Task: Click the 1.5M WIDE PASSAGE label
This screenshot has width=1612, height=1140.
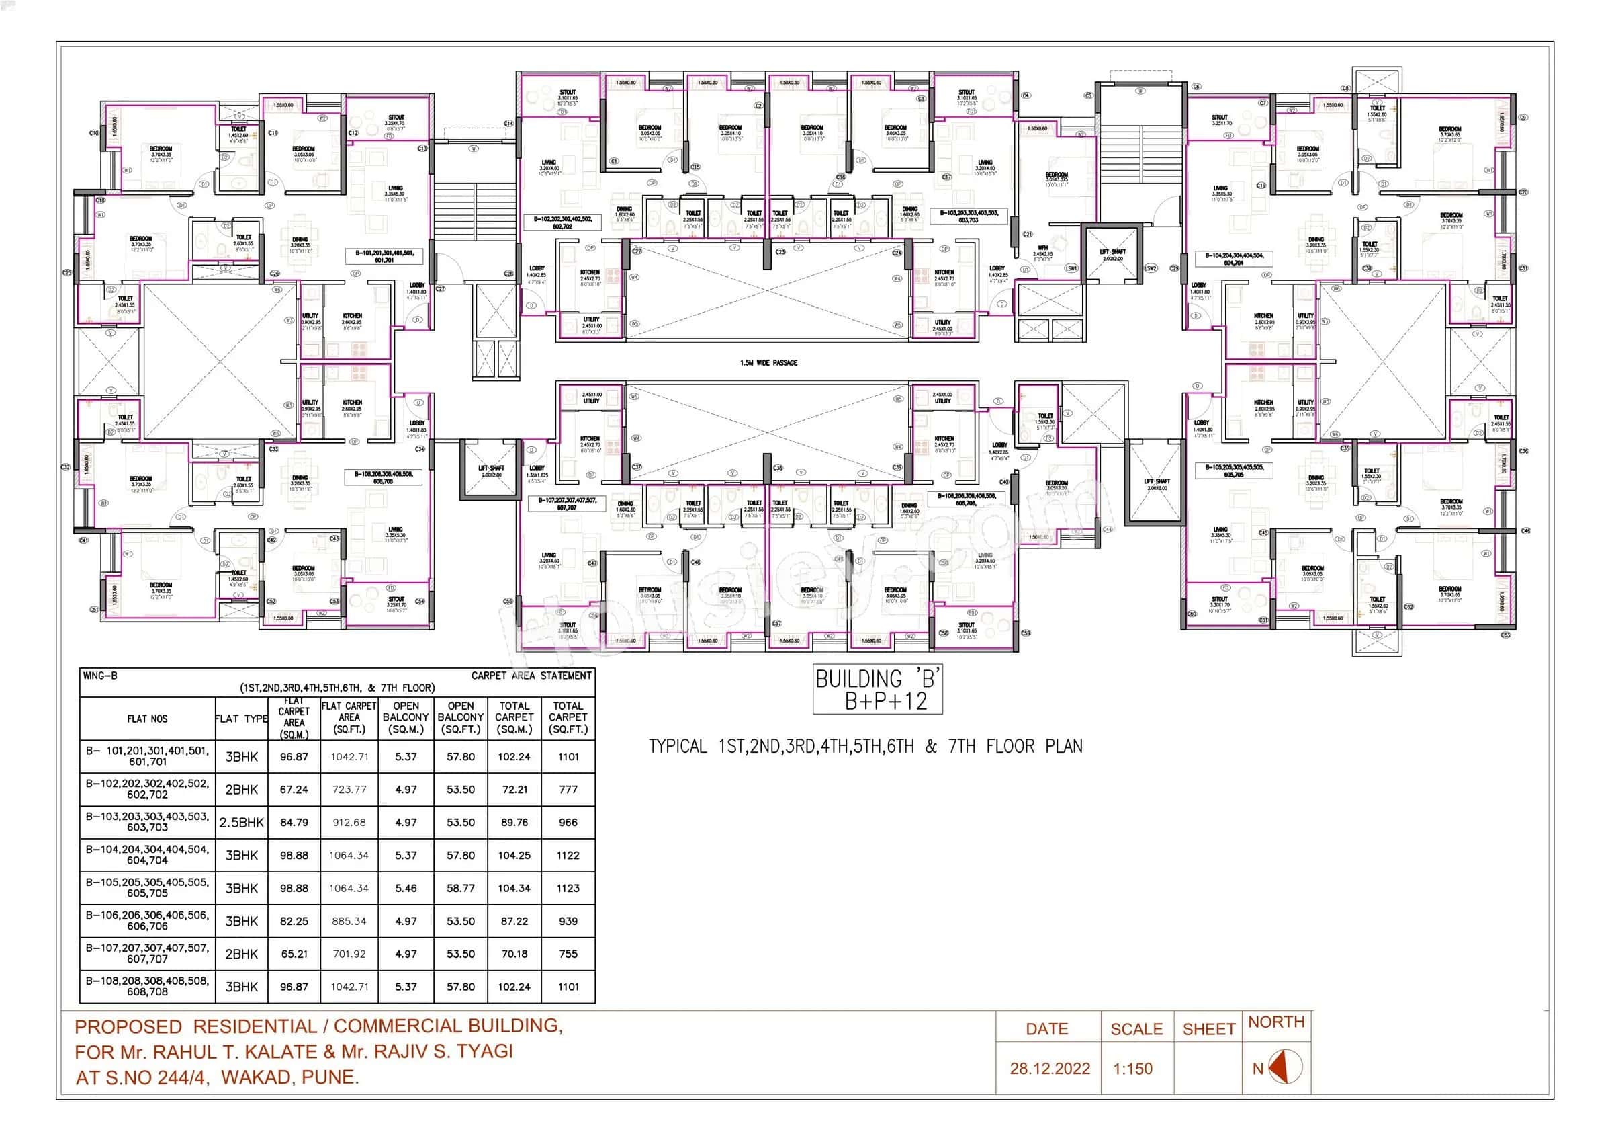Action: pos(768,362)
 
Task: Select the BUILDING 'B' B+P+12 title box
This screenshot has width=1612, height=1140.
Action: pos(877,689)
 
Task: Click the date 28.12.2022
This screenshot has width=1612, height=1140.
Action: pos(1050,1068)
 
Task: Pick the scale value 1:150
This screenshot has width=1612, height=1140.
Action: pos(1132,1068)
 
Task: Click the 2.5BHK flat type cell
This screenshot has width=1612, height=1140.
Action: pos(242,823)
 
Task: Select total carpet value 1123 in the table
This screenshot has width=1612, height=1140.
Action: pos(568,888)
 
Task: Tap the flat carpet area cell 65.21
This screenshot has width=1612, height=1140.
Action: pos(294,954)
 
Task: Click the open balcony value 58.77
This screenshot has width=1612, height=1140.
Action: pos(461,888)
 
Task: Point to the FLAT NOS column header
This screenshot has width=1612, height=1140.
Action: pos(148,719)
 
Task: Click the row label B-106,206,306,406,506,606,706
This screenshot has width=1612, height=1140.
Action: pos(148,921)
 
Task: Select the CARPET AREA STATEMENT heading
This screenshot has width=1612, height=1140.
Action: pos(531,676)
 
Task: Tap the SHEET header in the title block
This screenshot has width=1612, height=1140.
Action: pos(1208,1029)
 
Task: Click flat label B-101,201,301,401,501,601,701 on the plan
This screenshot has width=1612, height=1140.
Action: pos(384,256)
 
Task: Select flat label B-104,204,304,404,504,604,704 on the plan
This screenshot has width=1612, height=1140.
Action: pos(1234,259)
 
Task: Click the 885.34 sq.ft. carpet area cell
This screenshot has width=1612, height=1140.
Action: pos(349,921)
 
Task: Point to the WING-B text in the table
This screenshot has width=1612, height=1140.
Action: pos(100,676)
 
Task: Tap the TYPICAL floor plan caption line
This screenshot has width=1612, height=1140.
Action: pos(865,746)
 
